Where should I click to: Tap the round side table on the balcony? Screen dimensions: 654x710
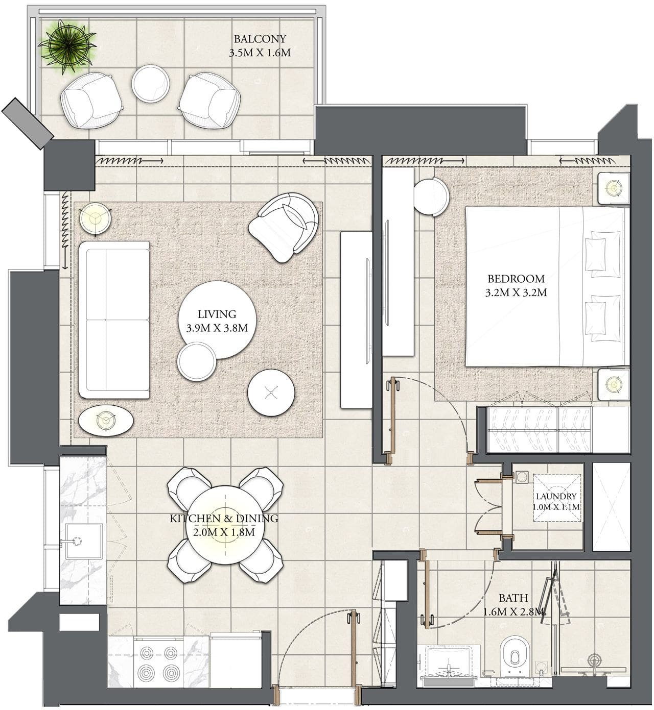click(151, 84)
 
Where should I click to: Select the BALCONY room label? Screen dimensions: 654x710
click(260, 39)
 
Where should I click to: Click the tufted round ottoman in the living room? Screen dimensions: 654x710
click(271, 393)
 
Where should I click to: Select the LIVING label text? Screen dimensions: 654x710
click(217, 314)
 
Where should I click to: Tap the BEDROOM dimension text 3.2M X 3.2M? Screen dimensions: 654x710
click(516, 292)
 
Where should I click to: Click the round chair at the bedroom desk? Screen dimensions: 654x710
click(432, 197)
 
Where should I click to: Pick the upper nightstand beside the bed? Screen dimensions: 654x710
click(614, 188)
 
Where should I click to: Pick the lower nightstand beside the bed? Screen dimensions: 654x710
click(614, 384)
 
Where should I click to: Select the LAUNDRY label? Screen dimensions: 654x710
click(556, 496)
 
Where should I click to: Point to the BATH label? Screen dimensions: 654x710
click(513, 598)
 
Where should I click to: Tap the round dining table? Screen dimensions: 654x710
click(225, 525)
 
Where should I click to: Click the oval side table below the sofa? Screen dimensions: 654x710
click(106, 421)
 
